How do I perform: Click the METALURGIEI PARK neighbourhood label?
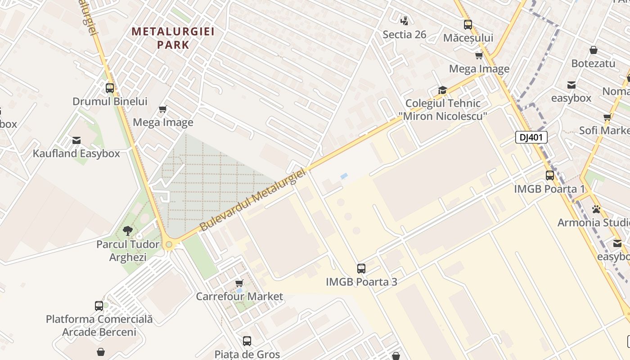[x=173, y=38]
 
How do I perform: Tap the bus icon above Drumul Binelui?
[x=110, y=88]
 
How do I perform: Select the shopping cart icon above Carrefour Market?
[x=239, y=283]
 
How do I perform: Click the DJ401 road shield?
[x=531, y=137]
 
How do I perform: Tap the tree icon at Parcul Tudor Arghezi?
[x=128, y=231]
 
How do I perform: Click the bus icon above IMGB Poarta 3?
[x=361, y=269]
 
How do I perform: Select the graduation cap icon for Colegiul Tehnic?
[x=443, y=90]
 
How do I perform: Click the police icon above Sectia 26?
[x=405, y=20]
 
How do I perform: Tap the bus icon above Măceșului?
[x=468, y=25]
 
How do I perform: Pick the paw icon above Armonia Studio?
[x=597, y=209]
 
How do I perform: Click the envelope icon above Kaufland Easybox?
[x=76, y=140]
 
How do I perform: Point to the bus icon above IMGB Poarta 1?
[x=550, y=175]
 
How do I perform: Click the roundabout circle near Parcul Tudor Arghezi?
[x=169, y=245]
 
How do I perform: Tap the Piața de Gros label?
[x=247, y=354]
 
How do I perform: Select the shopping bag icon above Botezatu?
[x=594, y=50]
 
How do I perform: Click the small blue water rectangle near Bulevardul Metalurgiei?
[x=344, y=176]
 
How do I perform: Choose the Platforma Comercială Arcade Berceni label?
[x=99, y=325]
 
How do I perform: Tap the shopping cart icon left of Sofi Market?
[x=607, y=117]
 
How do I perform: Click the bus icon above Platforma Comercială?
[x=99, y=306]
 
